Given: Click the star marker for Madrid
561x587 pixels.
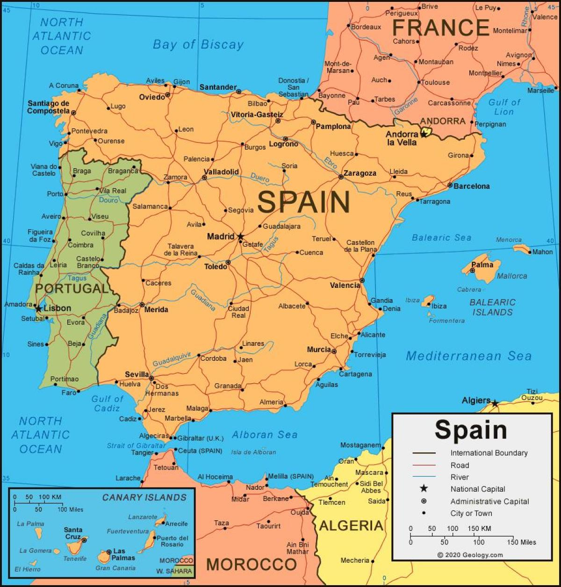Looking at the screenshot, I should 240,237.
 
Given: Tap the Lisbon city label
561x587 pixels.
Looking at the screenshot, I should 57,308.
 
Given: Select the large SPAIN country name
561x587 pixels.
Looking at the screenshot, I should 303,202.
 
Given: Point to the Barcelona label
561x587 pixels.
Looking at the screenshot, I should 471,186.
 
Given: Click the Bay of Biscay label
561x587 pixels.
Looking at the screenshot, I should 198,45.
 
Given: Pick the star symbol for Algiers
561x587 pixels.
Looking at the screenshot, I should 495,403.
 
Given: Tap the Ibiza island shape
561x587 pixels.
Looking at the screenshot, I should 428,301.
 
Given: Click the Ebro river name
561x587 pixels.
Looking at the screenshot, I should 331,162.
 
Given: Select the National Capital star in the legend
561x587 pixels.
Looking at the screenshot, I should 424,488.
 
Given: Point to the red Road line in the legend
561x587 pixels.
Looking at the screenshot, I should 424,465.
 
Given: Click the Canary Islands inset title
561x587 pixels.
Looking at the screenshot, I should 144,497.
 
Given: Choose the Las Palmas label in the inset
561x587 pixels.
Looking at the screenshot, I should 123,554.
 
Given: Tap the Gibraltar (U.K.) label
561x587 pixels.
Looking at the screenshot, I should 198,438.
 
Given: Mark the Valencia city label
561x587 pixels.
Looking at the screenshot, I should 345,285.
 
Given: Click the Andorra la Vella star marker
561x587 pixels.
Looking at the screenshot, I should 424,134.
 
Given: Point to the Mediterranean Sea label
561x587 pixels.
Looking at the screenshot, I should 468,356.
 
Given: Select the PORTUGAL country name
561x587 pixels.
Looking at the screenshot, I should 72,288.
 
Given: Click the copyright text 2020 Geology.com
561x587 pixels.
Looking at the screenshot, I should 470,555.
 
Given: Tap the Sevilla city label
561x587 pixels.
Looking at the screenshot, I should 137,375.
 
